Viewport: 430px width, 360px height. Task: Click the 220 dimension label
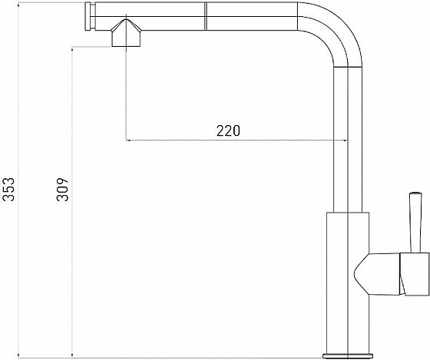228,130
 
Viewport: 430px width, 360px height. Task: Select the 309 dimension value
62,190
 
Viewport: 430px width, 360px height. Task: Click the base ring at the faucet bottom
348,356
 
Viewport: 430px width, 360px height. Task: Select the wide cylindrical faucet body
348,283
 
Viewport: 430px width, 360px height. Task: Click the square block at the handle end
415,274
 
